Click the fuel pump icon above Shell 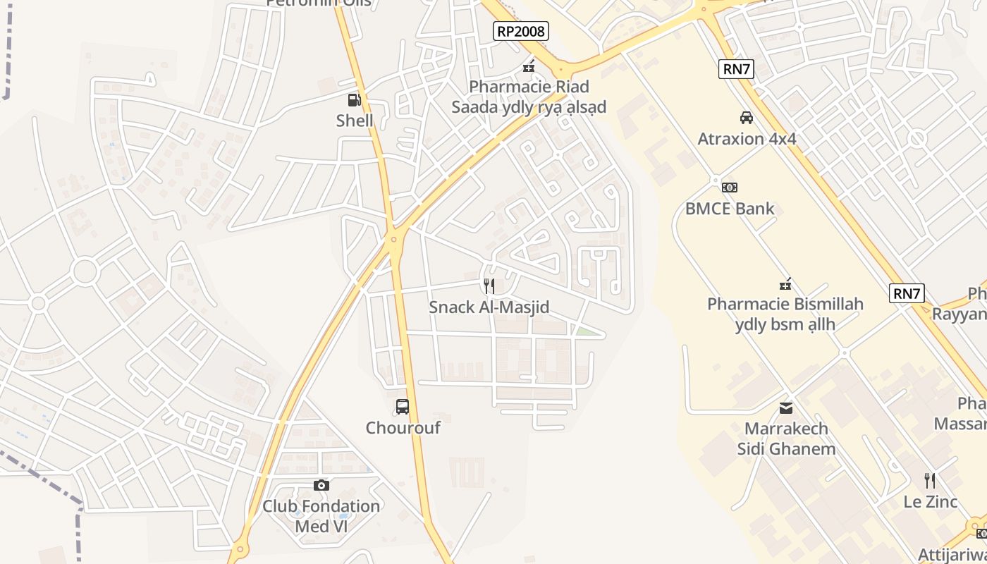pyautogui.click(x=354, y=100)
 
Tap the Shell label pyautogui.click(x=355, y=121)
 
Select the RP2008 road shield pyautogui.click(x=521, y=30)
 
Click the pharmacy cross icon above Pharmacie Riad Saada pyautogui.click(x=528, y=68)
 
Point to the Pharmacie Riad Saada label pyautogui.click(x=529, y=97)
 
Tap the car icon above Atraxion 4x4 pyautogui.click(x=746, y=117)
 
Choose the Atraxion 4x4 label pyautogui.click(x=747, y=139)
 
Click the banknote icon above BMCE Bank pyautogui.click(x=730, y=187)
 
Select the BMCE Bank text pyautogui.click(x=730, y=209)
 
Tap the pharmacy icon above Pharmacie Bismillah pyautogui.click(x=785, y=284)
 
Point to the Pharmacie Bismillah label pyautogui.click(x=785, y=314)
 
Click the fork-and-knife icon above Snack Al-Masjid pyautogui.click(x=489, y=286)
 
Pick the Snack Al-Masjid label pyautogui.click(x=489, y=307)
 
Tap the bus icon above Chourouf pyautogui.click(x=403, y=406)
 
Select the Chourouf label pyautogui.click(x=403, y=428)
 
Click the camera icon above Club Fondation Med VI pyautogui.click(x=321, y=485)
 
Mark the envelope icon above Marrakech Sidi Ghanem pyautogui.click(x=786, y=407)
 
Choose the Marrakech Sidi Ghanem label pyautogui.click(x=786, y=439)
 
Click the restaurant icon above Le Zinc pyautogui.click(x=931, y=481)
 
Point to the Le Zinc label pyautogui.click(x=931, y=502)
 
